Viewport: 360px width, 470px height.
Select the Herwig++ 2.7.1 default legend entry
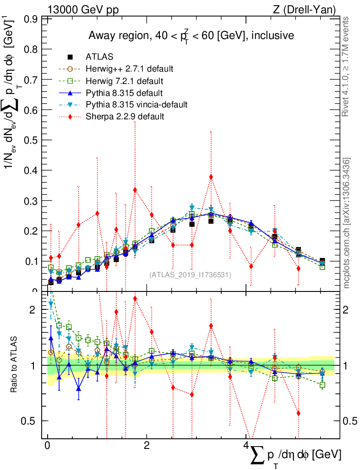(x=129, y=69)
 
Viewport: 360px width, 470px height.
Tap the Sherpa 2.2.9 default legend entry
(x=125, y=117)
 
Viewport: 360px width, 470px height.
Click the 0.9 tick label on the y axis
(x=31, y=19)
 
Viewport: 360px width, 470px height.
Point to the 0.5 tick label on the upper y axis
(x=31, y=140)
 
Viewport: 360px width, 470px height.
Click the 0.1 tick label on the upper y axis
(x=31, y=261)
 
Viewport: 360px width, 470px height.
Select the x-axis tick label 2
(x=147, y=446)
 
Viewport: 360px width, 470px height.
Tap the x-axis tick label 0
(x=47, y=446)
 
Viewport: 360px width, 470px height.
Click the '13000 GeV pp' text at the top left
(x=82, y=9)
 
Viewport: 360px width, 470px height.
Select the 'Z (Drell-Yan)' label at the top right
(x=305, y=9)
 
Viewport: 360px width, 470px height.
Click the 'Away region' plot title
(x=191, y=36)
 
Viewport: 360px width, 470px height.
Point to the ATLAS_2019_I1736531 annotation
(x=190, y=275)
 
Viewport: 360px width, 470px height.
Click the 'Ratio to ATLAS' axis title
(x=15, y=364)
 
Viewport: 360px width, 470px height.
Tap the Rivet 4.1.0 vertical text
(x=346, y=67)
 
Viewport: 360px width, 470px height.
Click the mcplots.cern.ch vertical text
(x=347, y=223)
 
